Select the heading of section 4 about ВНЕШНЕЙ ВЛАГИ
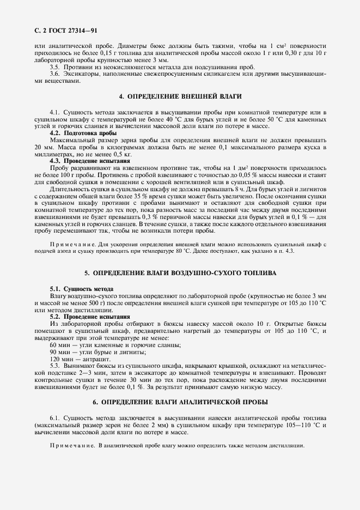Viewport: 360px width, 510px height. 180,96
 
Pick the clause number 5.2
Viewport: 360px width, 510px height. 55,317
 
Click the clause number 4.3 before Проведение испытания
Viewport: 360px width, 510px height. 55,161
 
